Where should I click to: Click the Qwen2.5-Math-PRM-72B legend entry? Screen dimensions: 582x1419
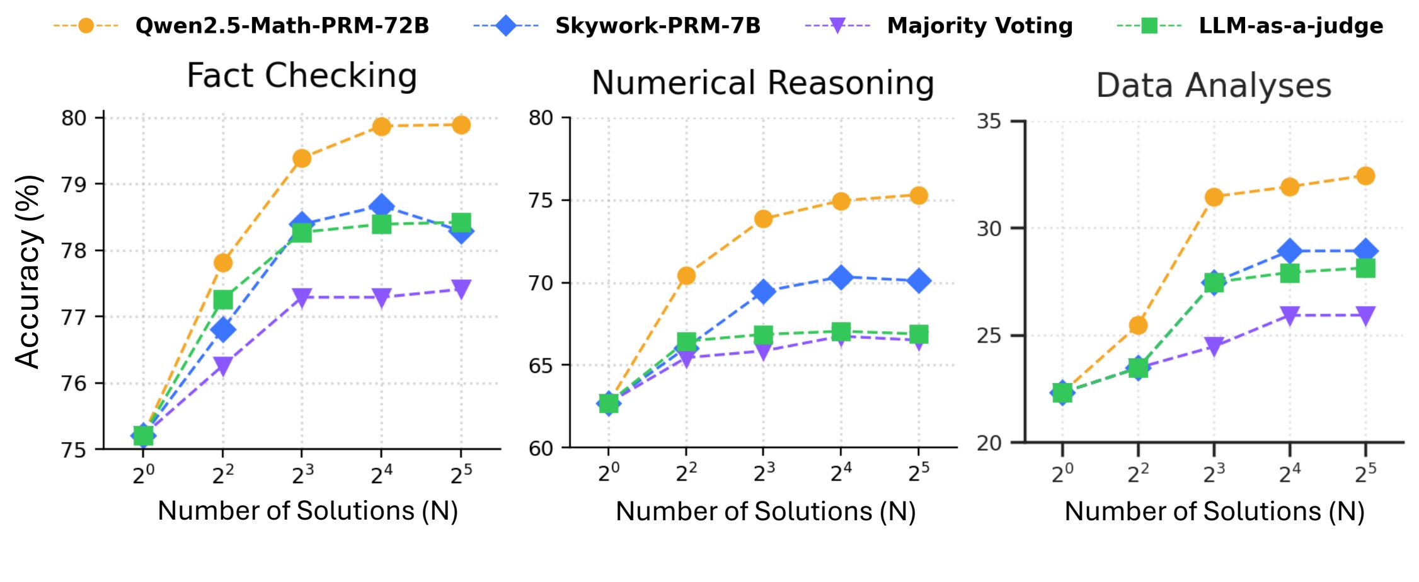[282, 26]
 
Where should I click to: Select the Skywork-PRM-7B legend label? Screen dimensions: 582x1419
[657, 26]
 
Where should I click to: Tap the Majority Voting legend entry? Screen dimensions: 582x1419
[979, 26]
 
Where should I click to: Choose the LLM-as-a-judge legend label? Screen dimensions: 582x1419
[1290, 26]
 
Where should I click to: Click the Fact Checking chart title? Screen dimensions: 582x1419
[302, 76]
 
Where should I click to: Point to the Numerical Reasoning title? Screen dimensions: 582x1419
[762, 83]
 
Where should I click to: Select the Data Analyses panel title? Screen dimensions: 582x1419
[1214, 86]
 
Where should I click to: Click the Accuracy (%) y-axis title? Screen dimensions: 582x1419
[28, 271]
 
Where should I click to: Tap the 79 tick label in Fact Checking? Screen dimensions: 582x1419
[74, 185]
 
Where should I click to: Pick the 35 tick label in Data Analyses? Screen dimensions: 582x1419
[989, 121]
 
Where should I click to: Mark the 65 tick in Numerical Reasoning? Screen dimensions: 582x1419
[540, 366]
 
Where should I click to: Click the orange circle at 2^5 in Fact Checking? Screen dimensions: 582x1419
[461, 125]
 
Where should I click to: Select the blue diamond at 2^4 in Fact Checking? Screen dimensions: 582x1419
[381, 206]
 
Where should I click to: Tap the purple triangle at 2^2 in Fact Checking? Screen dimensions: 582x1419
[222, 365]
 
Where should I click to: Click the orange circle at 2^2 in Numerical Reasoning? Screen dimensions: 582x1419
[686, 275]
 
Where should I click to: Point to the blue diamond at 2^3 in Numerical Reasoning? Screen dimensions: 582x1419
[763, 292]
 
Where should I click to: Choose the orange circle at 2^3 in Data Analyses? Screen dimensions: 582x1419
[1214, 197]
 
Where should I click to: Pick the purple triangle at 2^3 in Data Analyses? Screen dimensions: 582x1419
[1214, 346]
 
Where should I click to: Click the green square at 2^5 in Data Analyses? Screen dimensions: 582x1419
[1365, 269]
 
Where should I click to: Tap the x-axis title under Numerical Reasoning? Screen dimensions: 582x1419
[766, 511]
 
